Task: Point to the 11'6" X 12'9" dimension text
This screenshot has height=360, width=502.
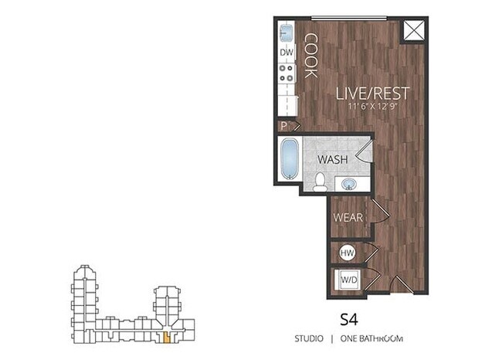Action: coord(371,107)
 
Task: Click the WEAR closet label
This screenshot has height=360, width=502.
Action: coord(348,217)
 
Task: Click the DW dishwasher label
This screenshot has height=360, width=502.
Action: coord(286,53)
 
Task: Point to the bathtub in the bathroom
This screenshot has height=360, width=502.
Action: coord(290,160)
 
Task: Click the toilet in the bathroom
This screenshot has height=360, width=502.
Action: coord(320,181)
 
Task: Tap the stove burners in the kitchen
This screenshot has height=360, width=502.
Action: coord(287,73)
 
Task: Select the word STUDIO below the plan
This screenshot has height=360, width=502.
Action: coord(309,338)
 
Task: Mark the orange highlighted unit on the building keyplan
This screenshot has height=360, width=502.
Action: coord(165,337)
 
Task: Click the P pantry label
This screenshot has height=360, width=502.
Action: coord(284,126)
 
